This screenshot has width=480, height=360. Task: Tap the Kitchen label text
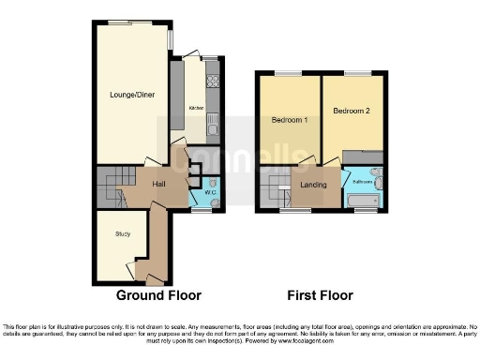tap(196, 108)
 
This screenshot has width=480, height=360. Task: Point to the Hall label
tap(159, 184)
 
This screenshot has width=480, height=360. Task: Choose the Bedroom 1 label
tap(290, 122)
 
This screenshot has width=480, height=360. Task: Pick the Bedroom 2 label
tap(354, 112)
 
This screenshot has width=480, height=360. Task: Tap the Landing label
tap(313, 185)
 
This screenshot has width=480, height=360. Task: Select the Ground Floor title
tap(158, 295)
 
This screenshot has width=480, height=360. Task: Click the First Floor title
tap(321, 295)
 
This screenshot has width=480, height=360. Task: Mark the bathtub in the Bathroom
tap(361, 201)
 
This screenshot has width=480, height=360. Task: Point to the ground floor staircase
tap(112, 184)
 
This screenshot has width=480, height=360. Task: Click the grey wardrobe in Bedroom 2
tap(362, 155)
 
